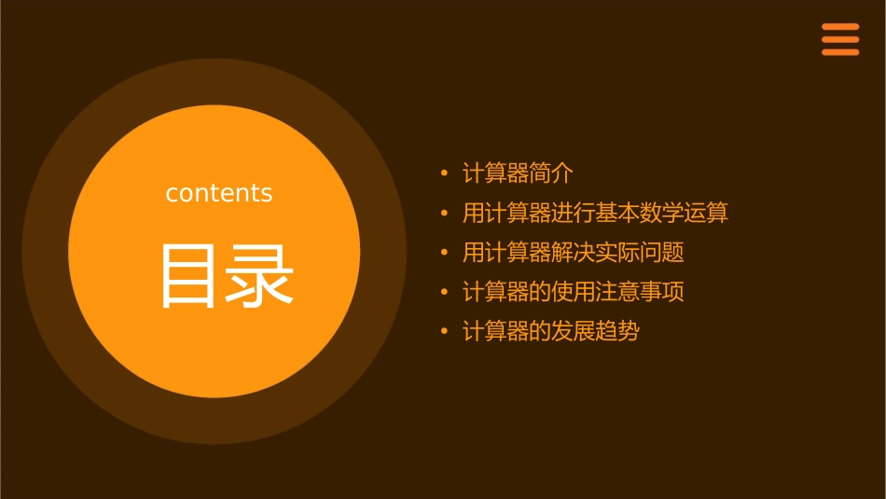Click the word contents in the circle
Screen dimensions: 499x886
[x=219, y=193]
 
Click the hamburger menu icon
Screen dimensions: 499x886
[x=839, y=39]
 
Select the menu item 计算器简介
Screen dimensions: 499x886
[x=518, y=173]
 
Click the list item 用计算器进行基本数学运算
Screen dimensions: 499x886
[x=595, y=213]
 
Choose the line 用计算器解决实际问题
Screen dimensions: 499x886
[x=574, y=253]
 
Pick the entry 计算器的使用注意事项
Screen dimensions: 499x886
[x=574, y=292]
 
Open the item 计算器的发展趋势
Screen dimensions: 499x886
[x=551, y=331]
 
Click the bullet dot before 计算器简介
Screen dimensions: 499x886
[x=444, y=173]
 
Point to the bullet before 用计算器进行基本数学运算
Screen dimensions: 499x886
[x=444, y=213]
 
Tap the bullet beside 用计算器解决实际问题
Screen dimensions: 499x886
[x=444, y=253]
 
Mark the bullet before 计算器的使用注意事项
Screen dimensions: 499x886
[x=444, y=292]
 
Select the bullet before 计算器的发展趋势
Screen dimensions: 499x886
[x=444, y=331]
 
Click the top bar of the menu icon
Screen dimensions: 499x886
[x=839, y=27]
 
